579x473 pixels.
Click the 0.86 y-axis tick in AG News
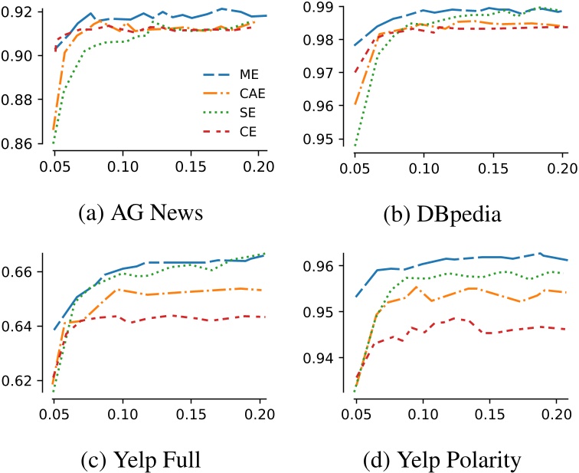(x=20, y=143)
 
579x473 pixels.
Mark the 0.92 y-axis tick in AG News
(x=20, y=11)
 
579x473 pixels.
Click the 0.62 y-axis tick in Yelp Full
(x=20, y=381)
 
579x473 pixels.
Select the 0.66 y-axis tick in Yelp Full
(x=20, y=272)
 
